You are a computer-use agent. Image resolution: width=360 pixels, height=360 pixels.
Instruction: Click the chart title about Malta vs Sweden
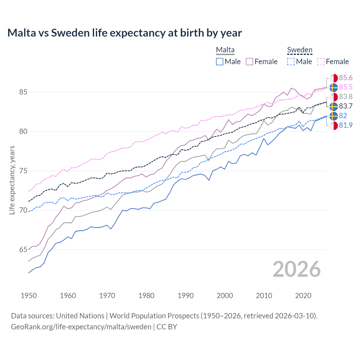click(124, 33)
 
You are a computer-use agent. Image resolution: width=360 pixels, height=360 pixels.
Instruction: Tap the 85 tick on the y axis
click(23, 92)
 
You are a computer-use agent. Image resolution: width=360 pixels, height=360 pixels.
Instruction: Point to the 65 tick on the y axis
click(23, 250)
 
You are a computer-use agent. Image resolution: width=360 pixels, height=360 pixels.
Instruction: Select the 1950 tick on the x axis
click(29, 296)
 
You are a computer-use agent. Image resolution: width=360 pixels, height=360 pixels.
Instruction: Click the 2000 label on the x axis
click(225, 296)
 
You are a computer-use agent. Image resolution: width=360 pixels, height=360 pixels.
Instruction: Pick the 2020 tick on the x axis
click(303, 296)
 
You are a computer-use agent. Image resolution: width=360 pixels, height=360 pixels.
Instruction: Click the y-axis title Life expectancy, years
click(12, 180)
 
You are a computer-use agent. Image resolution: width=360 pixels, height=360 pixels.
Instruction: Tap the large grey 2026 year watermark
click(296, 269)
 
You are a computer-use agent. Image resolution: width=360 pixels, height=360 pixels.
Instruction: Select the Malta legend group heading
click(225, 50)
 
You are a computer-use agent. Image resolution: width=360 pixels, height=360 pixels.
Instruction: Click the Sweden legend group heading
click(300, 50)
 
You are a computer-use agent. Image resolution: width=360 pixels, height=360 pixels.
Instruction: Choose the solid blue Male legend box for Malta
click(220, 62)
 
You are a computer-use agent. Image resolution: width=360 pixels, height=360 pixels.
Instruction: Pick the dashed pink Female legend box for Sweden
click(321, 62)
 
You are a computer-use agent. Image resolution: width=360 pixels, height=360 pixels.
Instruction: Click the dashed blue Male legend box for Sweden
click(291, 62)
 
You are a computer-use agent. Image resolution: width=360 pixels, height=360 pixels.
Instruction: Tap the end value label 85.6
click(345, 78)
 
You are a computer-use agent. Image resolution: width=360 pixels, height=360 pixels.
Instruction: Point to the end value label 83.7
click(345, 106)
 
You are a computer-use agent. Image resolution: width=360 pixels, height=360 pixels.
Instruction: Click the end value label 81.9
click(345, 125)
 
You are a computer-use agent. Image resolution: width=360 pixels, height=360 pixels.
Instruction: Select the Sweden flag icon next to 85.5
click(334, 87)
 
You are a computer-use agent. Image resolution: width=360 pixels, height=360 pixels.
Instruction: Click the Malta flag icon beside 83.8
click(334, 97)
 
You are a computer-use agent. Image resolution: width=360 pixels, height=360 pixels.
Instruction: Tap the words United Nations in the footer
click(80, 316)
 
